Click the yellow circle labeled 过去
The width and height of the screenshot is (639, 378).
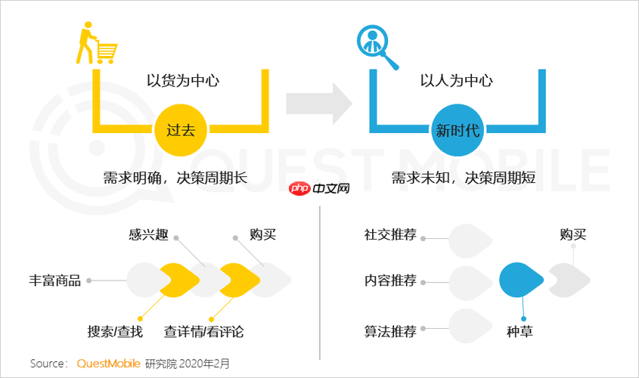(180, 130)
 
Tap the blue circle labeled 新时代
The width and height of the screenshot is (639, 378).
(457, 130)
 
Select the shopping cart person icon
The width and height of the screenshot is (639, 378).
(95, 44)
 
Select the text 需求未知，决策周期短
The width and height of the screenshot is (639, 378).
(464, 178)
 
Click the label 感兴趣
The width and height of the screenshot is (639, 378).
(148, 234)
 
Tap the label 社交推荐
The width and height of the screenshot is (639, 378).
(390, 234)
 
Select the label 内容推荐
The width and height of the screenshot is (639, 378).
(390, 280)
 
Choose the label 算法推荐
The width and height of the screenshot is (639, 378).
(390, 331)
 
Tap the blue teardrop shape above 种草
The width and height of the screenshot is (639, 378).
(521, 280)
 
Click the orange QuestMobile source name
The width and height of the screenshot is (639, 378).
(107, 364)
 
